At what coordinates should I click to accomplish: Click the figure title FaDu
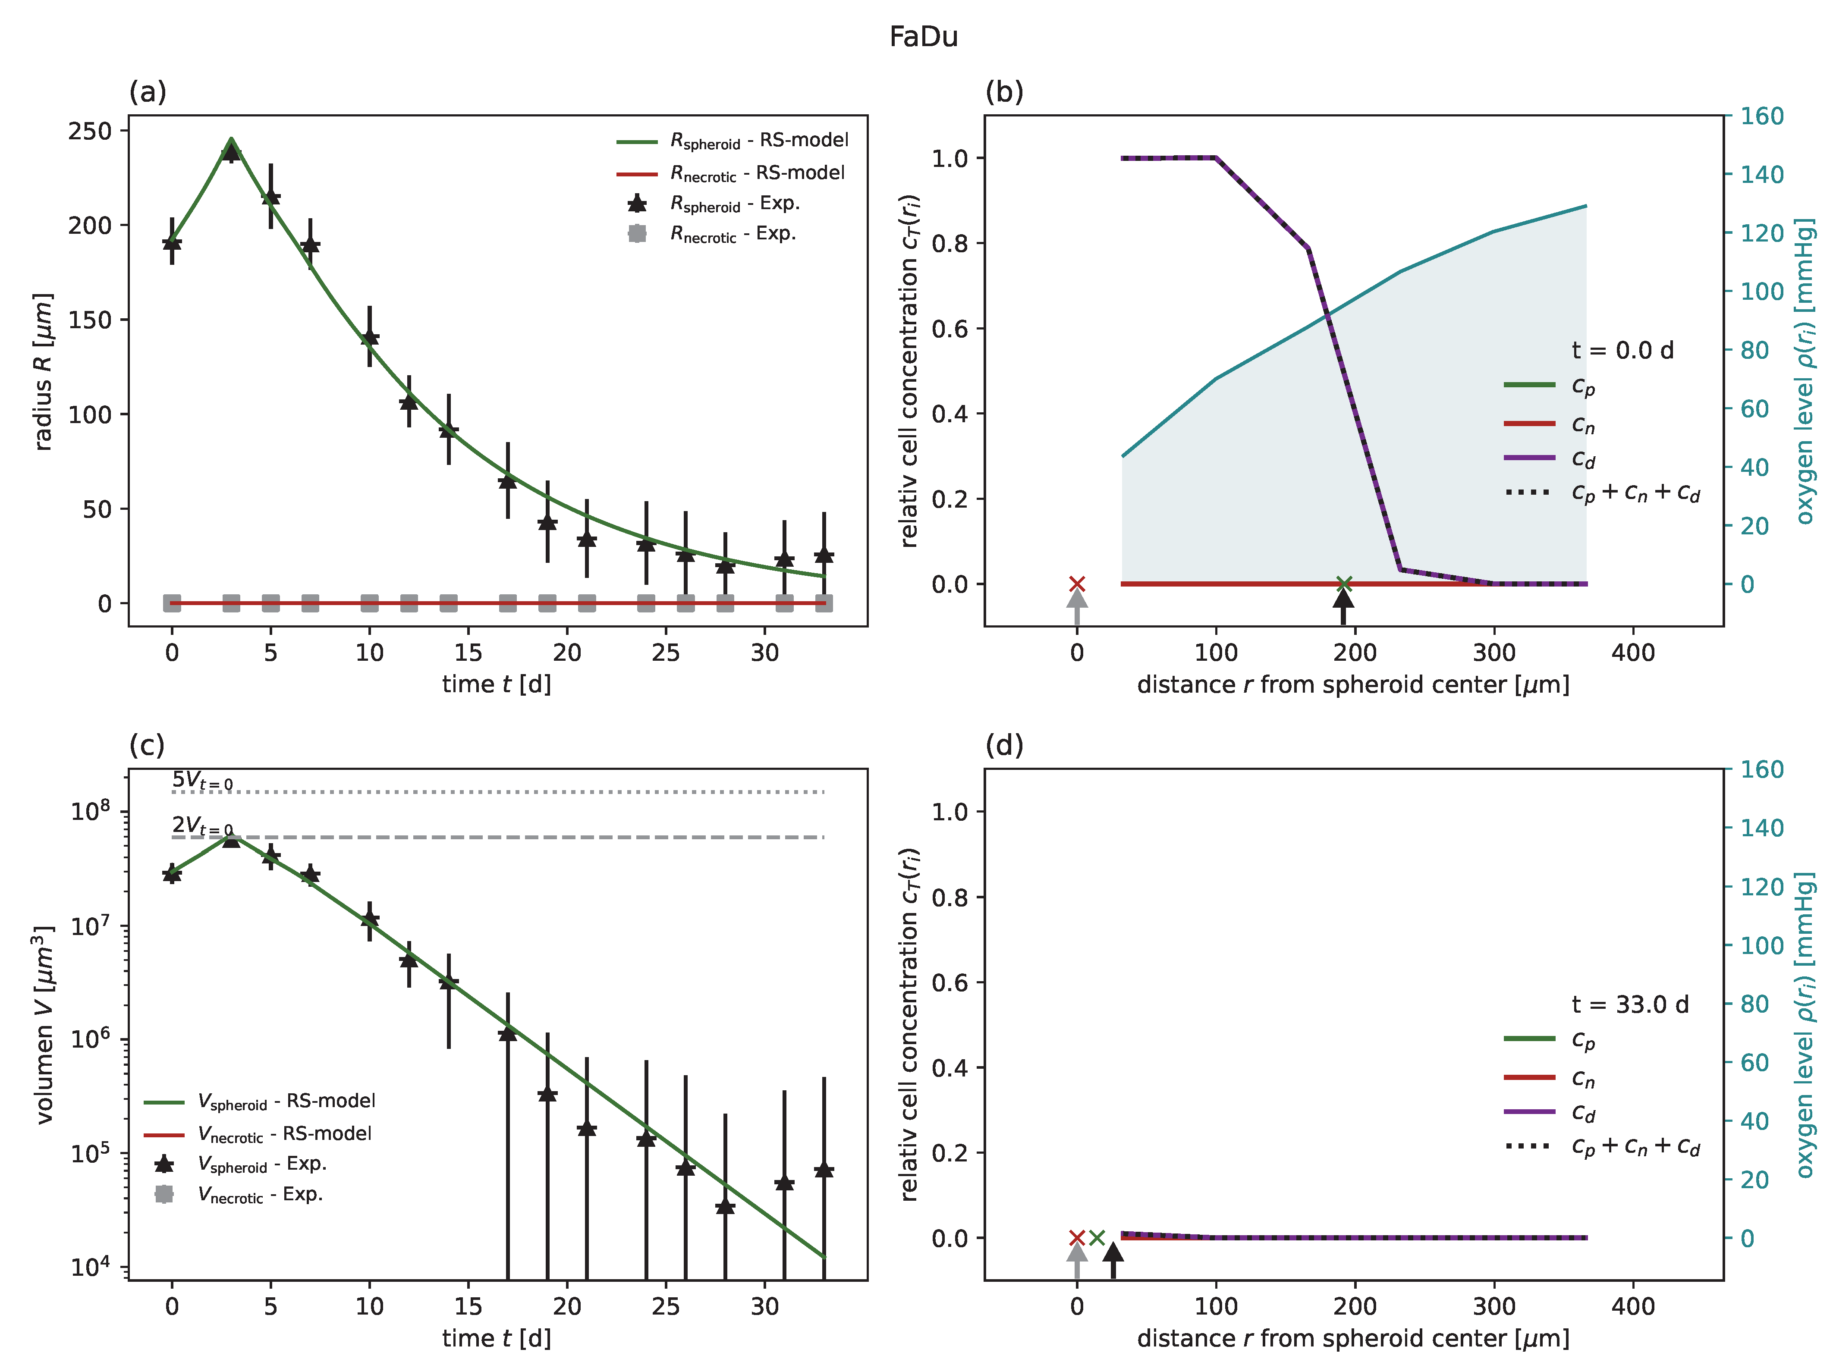pyautogui.click(x=923, y=37)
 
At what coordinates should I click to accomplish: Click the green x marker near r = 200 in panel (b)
pyautogui.click(x=1343, y=584)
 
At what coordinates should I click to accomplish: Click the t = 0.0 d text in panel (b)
pyautogui.click(x=1622, y=350)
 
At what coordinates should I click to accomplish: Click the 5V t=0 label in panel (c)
pyautogui.click(x=202, y=780)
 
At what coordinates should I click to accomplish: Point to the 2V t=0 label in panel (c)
pyautogui.click(x=202, y=825)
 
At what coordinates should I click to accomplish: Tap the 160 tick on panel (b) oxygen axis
pyautogui.click(x=1761, y=116)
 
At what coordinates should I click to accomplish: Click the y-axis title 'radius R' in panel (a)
pyautogui.click(x=43, y=371)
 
